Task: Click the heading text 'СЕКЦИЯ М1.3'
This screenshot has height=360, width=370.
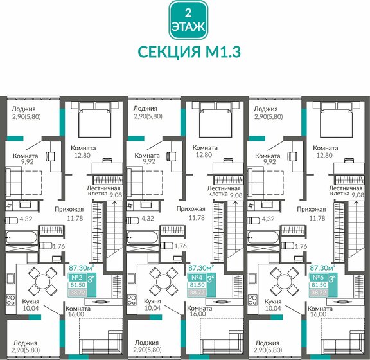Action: pos(184,51)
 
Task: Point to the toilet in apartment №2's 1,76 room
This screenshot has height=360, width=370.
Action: pos(47,246)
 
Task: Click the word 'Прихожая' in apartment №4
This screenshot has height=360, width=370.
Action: pos(191,209)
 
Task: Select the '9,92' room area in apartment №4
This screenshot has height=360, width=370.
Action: pos(150,163)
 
